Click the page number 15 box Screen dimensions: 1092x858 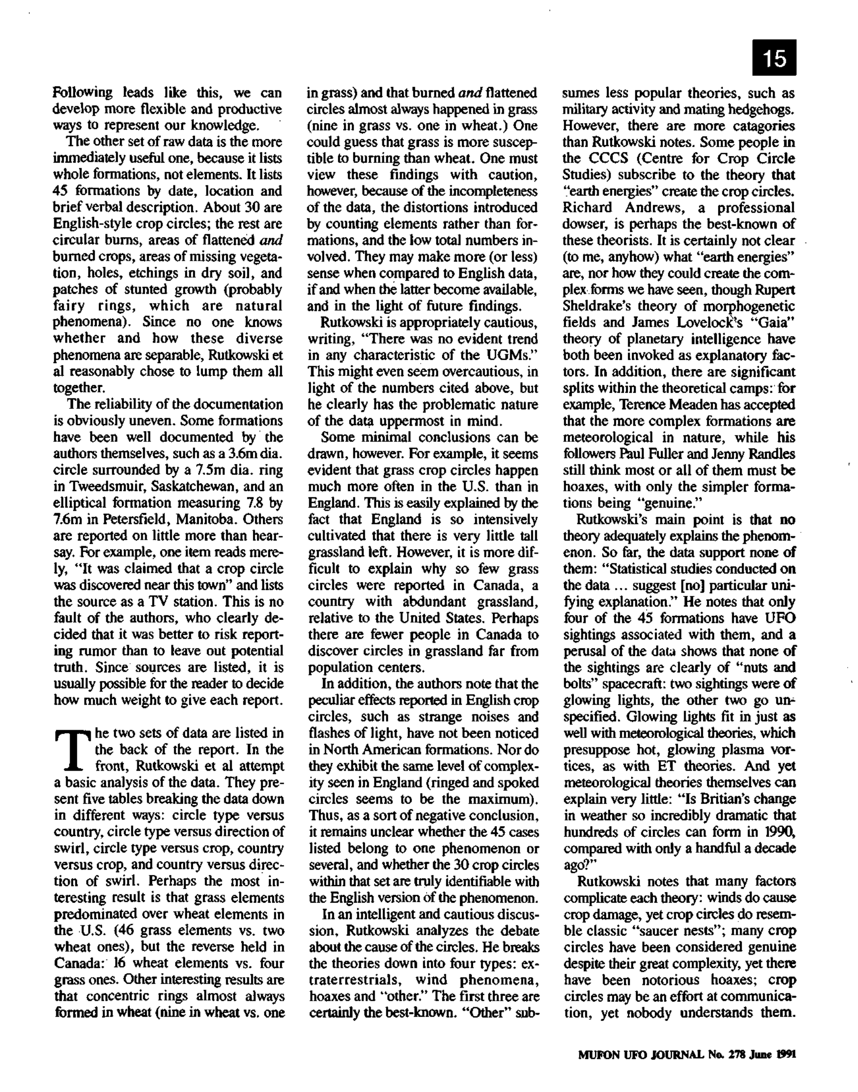pos(774,57)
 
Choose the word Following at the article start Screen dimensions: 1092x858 pos(82,93)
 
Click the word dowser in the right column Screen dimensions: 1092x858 pos(580,224)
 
